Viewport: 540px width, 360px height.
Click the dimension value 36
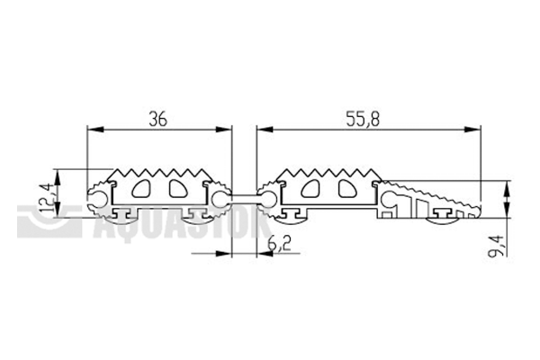coord(157,119)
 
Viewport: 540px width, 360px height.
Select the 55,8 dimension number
coord(363,119)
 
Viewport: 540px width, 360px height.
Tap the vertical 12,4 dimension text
coord(48,198)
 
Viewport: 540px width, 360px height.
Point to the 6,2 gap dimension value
coord(279,244)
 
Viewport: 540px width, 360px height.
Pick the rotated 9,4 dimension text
coord(498,246)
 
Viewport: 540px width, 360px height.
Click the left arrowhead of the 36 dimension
coord(95,130)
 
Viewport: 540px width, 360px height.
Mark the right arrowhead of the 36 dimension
coord(223,130)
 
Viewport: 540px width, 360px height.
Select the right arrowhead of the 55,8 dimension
coord(472,130)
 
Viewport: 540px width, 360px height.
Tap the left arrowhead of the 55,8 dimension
coord(265,130)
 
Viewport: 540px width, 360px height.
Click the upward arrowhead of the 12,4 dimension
coord(58,177)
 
